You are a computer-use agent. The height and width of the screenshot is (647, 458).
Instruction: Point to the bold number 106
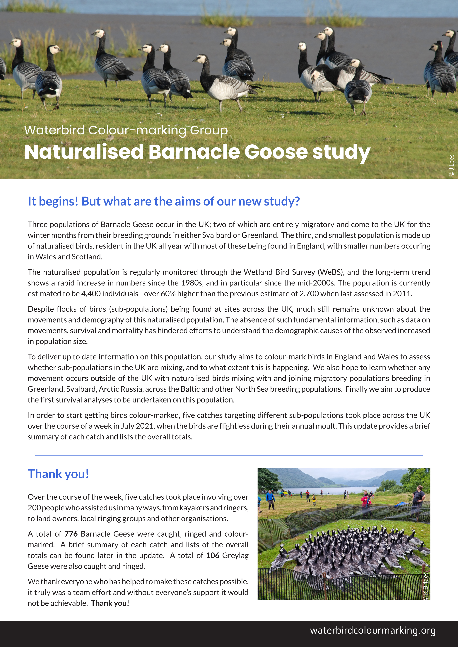pos(213,555)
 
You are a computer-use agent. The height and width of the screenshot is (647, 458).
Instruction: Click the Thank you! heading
pos(58,474)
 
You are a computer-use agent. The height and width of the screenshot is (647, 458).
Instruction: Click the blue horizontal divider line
pos(229,455)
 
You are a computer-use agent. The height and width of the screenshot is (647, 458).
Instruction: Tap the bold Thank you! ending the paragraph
pos(110,603)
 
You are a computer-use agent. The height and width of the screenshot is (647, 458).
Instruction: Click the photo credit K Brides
pos(425,586)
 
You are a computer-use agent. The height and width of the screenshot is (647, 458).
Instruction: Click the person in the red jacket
pos(365,501)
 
